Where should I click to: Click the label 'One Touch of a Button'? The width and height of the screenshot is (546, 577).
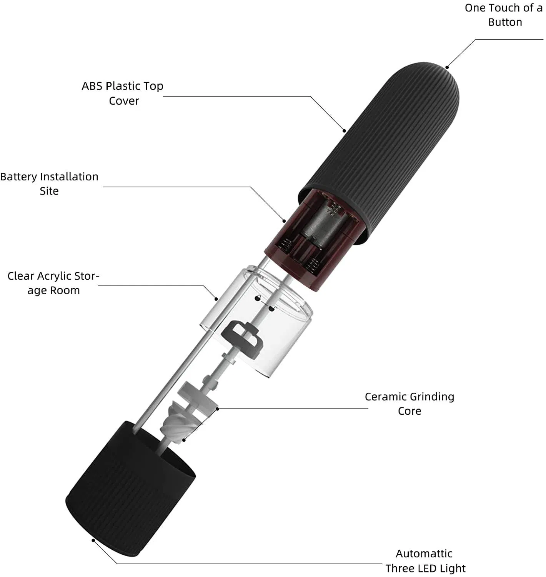503,15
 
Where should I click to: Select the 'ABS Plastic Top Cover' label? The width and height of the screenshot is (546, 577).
123,93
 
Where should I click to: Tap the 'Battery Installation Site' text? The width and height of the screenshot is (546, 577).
49,184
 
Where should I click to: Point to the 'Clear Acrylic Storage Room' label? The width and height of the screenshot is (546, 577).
53,283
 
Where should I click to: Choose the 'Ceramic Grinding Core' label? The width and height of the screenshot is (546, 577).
409,404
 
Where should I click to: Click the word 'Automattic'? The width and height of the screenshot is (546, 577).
424,554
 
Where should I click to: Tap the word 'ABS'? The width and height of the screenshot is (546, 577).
92,86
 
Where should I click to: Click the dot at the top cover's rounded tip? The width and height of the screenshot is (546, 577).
447,67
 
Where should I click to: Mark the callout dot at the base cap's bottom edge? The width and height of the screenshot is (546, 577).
93,540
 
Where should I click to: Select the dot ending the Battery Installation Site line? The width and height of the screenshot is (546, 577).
284,221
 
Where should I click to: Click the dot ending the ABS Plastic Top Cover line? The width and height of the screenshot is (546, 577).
345,131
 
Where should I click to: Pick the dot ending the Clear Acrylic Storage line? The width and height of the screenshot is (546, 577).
216,299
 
